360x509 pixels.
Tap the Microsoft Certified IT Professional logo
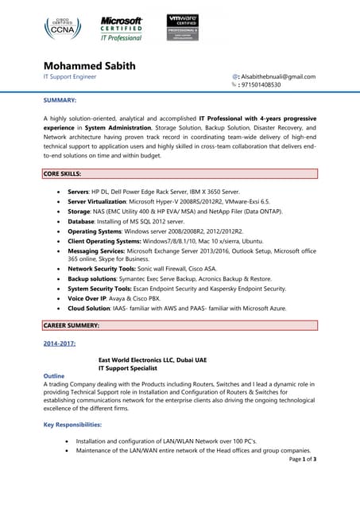(x=122, y=28)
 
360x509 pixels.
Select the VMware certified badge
(x=183, y=27)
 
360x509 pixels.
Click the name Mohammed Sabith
(x=89, y=64)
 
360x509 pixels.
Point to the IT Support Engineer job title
(x=71, y=77)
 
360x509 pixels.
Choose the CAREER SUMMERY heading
(x=71, y=325)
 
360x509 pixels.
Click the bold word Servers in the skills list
(x=79, y=192)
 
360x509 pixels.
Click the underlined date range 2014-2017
(x=60, y=343)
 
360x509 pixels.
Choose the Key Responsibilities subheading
(x=72, y=425)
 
